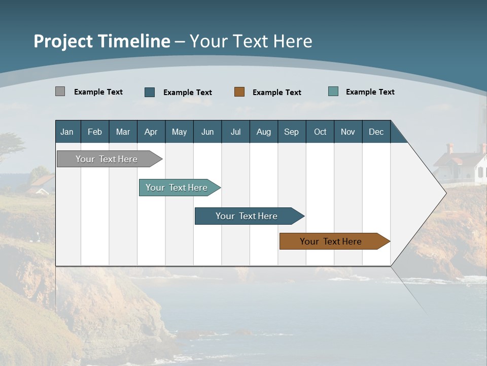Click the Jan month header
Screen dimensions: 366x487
coord(67,132)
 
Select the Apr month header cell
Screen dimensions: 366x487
coord(151,132)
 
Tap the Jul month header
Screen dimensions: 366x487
coord(236,132)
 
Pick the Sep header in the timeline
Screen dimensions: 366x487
coord(292,132)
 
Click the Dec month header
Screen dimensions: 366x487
coord(376,132)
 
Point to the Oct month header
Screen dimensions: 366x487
coord(320,132)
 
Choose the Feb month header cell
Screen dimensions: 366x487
coord(95,132)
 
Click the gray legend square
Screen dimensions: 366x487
coord(60,91)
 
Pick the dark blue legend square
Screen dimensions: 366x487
coord(150,92)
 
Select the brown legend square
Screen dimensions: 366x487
coord(239,92)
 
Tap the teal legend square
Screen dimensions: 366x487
coord(333,91)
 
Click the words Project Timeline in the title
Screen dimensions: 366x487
coord(101,41)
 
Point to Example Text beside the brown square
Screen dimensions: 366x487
coord(277,93)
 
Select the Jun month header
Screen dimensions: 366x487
coord(207,132)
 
